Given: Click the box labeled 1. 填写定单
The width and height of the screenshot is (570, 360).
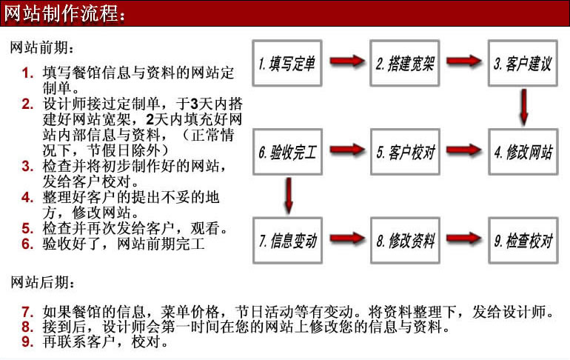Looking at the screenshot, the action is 287,63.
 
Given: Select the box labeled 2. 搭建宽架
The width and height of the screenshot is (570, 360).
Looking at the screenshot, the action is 405,63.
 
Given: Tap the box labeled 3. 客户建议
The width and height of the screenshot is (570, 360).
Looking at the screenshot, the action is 523,63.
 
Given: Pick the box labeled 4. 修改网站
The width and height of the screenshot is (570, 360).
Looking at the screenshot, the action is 523,152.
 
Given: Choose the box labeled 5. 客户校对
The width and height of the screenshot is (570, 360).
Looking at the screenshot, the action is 405,152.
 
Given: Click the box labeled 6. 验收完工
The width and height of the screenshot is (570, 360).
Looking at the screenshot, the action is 287,152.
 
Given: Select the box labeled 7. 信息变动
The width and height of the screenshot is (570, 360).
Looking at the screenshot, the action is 287,240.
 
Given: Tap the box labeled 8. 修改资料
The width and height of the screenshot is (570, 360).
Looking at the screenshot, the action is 405,240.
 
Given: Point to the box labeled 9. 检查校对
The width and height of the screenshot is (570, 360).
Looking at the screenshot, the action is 523,240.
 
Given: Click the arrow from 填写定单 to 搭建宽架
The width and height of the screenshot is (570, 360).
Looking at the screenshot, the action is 346,60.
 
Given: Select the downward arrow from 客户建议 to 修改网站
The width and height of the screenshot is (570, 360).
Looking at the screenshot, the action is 524,107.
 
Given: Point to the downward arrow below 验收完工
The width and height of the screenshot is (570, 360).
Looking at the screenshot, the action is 289,196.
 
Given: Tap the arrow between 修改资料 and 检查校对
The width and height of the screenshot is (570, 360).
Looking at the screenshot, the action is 464,239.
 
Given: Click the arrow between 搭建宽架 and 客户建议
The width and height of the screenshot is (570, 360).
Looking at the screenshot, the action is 464,60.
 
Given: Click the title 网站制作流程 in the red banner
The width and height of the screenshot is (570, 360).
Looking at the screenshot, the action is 61,13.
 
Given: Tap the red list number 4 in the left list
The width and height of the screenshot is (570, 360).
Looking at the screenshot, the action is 27,198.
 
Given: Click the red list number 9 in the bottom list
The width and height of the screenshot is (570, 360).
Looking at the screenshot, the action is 27,341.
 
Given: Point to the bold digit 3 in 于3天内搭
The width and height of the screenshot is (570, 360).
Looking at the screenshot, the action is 194,104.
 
